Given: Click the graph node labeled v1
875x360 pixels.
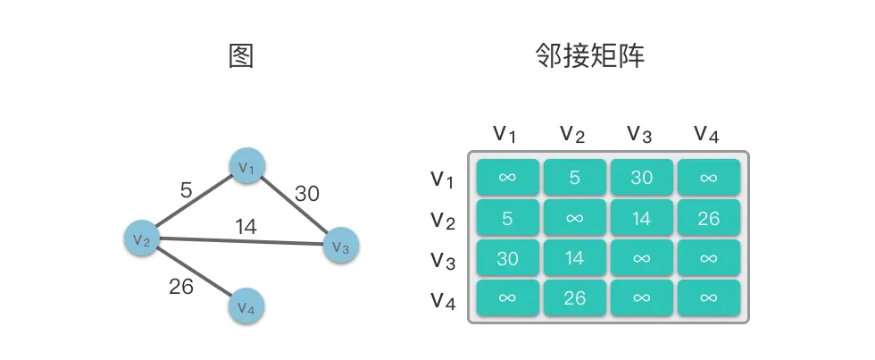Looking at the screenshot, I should coord(246,166).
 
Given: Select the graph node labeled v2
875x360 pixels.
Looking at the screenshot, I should coord(141,238).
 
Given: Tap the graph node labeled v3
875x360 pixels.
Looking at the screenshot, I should coord(340,246).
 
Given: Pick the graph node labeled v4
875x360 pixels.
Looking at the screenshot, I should coord(247,306).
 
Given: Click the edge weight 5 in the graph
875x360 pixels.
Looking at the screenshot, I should coord(186,189).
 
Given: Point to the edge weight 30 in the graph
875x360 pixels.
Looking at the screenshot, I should coord(306,193).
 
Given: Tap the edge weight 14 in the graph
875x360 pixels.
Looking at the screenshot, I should coord(246,227).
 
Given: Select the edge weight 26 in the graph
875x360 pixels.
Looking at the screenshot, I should coord(181,287).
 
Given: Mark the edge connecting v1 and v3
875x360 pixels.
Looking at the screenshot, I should coord(293,205).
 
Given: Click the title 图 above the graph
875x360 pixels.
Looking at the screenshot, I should coord(241,57).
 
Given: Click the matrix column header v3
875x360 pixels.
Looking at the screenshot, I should coord(639,134).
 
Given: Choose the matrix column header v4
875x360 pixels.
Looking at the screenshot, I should coord(706,134).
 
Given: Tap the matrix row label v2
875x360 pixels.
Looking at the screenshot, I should coord(443,219).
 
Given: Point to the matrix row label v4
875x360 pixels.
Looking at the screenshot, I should coord(443,299).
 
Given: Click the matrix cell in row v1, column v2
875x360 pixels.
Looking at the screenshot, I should coord(574,177).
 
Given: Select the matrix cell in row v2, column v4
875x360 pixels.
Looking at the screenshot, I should coord(709,218).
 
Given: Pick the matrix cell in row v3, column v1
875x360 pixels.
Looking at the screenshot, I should coord(507,258).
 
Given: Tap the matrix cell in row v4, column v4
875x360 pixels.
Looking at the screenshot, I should coord(709,298).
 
